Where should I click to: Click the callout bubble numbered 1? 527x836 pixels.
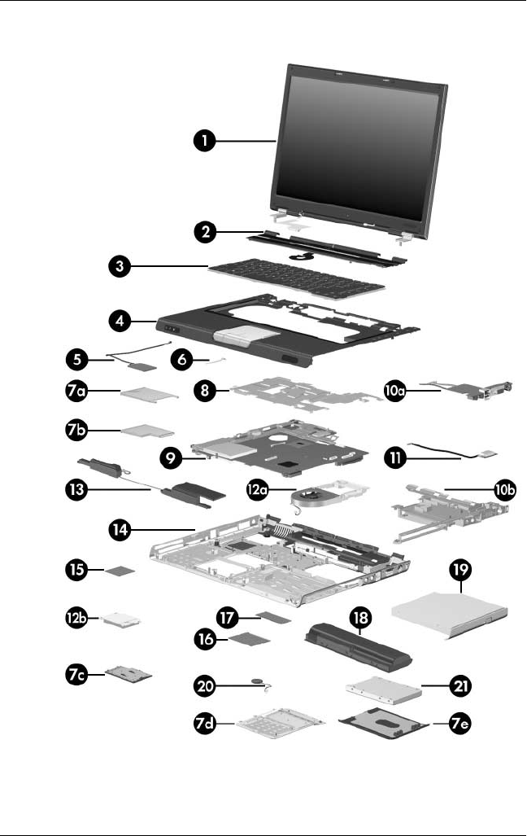205,141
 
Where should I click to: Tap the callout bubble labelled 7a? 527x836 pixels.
80,392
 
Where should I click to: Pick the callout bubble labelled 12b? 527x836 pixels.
78,618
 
